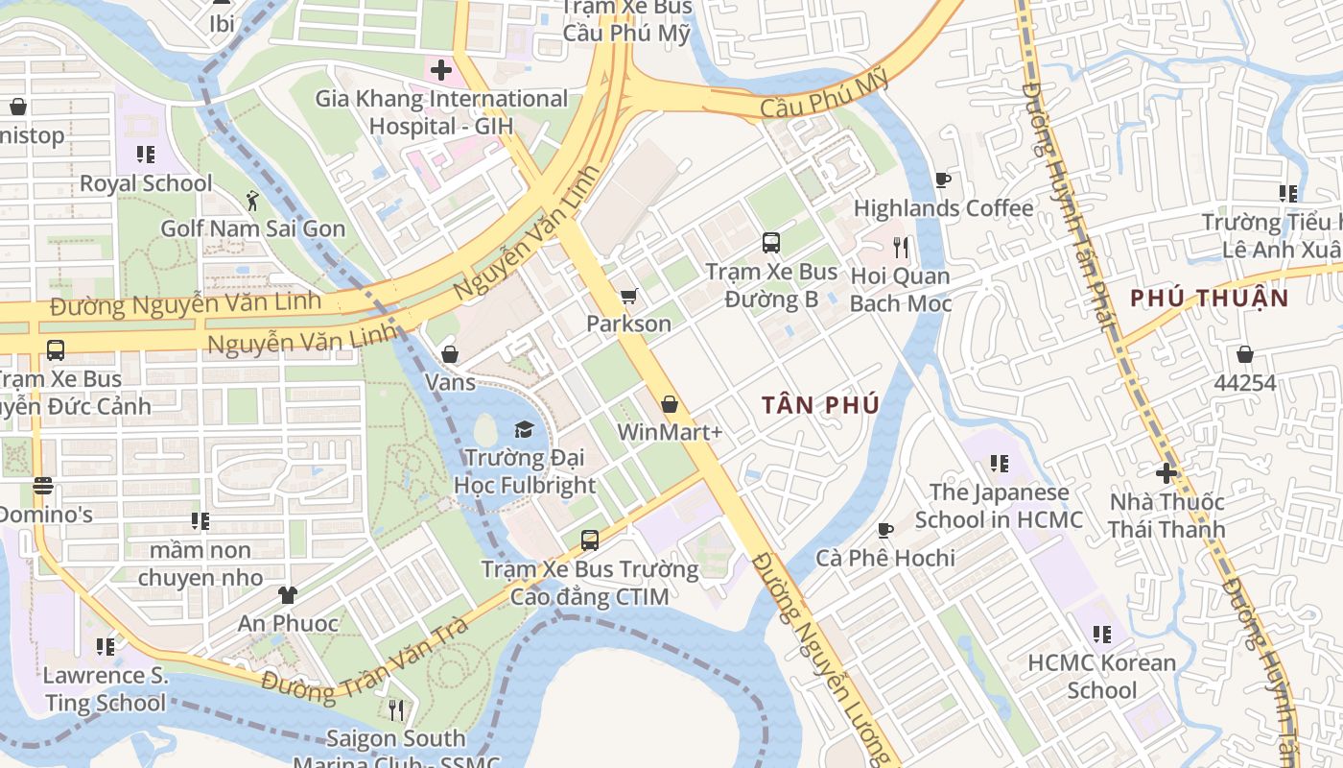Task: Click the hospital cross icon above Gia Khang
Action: [441, 70]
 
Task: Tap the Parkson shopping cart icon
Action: [628, 297]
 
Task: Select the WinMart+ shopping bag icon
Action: [670, 404]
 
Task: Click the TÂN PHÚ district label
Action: [820, 405]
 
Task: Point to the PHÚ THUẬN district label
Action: [1209, 298]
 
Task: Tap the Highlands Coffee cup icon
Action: [942, 180]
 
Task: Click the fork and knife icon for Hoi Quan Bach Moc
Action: [900, 248]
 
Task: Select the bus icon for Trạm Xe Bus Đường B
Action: [771, 243]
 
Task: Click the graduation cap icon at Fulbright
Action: [524, 429]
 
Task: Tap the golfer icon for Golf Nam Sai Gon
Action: [252, 201]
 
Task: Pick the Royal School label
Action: [146, 182]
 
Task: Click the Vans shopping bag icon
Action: [450, 354]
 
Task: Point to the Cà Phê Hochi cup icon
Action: [884, 530]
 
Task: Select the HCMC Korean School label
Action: [1101, 676]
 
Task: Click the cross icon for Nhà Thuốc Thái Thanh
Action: [1166, 473]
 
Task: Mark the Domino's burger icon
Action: [42, 486]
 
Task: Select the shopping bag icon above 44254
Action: [1245, 354]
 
